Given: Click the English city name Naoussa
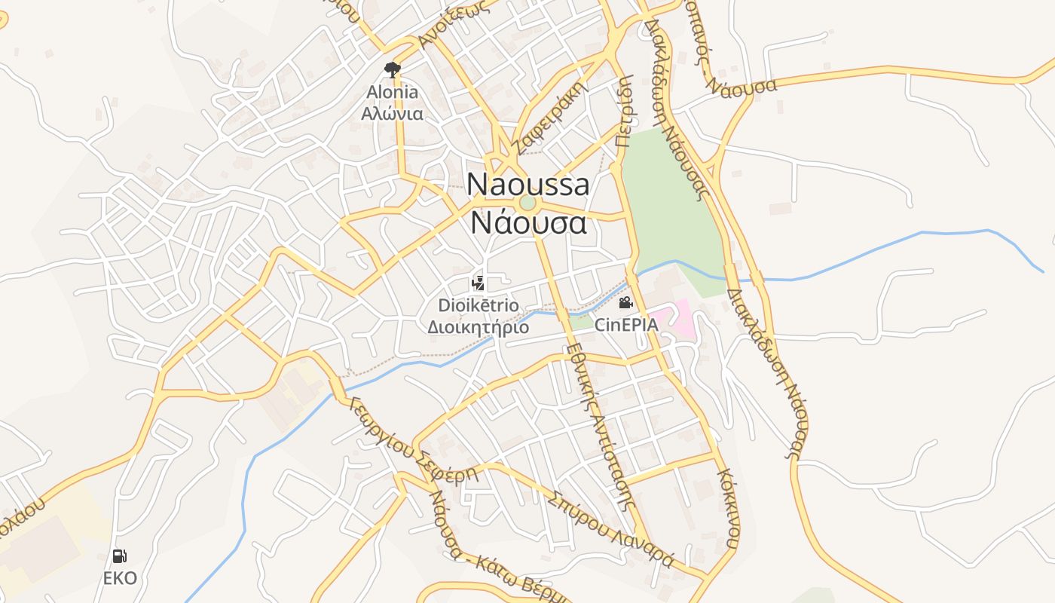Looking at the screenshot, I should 527,184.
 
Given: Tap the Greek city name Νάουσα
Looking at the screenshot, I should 527,223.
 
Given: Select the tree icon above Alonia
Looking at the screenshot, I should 392,70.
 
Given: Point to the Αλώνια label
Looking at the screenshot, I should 392,115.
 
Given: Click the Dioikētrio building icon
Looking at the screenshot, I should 477,283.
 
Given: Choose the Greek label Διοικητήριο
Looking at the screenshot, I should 479,328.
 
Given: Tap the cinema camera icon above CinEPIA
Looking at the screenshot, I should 625,303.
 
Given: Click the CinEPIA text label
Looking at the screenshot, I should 626,326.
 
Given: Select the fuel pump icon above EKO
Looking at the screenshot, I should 120,556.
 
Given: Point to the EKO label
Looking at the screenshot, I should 121,579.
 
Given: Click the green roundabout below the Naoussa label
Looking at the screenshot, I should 527,203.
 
